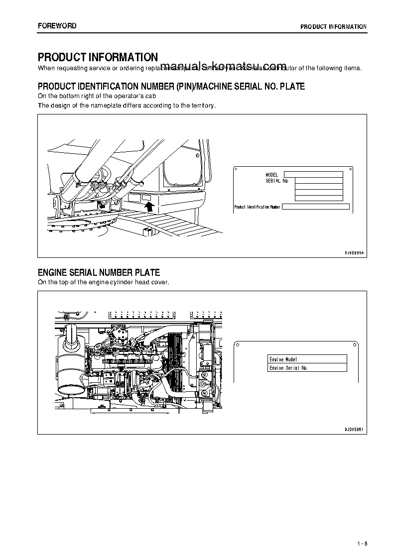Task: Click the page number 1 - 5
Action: click(x=362, y=543)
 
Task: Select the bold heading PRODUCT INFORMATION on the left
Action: click(x=98, y=58)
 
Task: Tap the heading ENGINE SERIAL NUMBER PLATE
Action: click(x=99, y=272)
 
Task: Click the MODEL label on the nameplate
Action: click(x=271, y=175)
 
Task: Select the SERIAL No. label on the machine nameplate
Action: click(x=277, y=181)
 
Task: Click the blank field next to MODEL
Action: click(x=313, y=175)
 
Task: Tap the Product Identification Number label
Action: click(x=257, y=207)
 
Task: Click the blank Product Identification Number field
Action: click(x=315, y=207)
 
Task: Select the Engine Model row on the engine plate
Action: click(x=307, y=359)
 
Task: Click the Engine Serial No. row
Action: click(x=307, y=368)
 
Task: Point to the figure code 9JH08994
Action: click(x=354, y=253)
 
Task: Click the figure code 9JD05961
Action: click(x=354, y=429)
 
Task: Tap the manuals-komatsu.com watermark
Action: click(x=224, y=67)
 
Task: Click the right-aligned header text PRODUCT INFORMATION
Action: click(x=333, y=27)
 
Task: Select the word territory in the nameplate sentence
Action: click(x=203, y=106)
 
